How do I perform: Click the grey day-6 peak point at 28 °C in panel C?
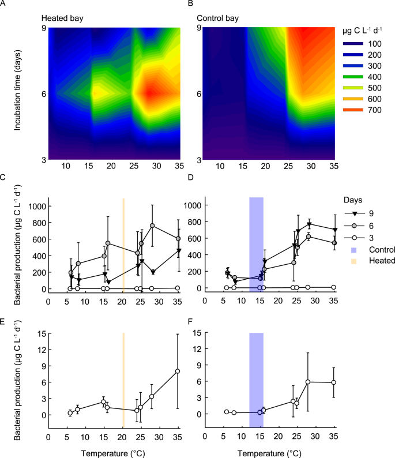coord(152,226)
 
